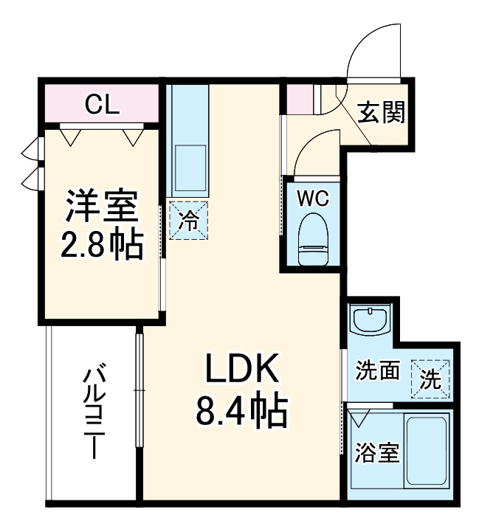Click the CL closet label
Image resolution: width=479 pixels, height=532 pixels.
click(100, 104)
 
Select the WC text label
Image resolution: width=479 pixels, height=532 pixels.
click(312, 198)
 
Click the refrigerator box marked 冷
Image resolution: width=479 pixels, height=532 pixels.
click(190, 220)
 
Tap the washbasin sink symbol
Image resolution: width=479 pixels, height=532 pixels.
click(369, 322)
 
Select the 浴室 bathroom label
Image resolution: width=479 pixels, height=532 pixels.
click(376, 452)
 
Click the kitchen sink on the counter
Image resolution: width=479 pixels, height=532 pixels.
click(189, 167)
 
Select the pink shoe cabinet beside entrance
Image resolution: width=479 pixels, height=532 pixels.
click(300, 99)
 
